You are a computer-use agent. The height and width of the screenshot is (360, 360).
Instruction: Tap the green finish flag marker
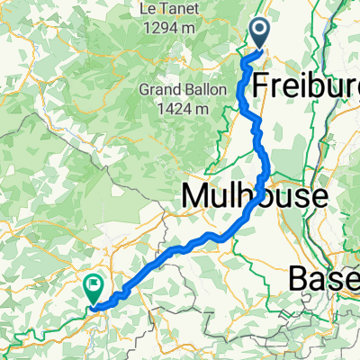(94, 287)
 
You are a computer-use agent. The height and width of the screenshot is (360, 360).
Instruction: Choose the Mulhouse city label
(248, 193)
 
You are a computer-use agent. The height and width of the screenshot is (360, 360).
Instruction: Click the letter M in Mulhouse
(196, 193)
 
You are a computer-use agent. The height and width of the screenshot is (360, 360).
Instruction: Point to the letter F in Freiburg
(262, 86)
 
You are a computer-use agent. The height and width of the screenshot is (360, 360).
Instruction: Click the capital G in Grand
(145, 90)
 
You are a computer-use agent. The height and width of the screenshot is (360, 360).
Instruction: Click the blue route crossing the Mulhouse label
(260, 193)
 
